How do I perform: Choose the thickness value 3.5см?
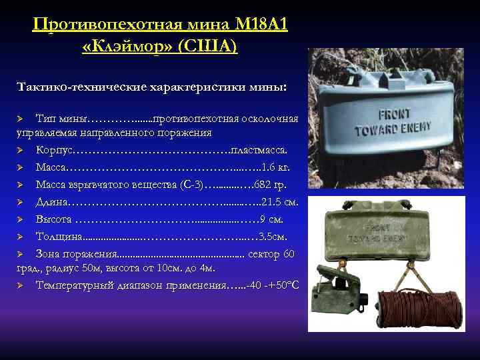point(273,236)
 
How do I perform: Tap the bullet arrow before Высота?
point(21,219)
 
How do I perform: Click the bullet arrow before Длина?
point(21,201)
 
